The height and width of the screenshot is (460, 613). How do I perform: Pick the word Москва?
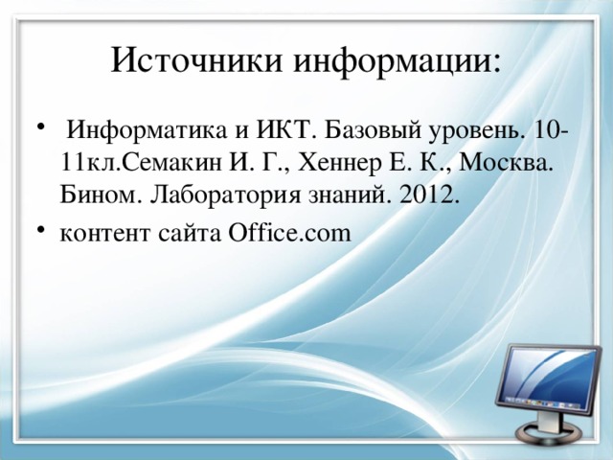[x=506, y=164]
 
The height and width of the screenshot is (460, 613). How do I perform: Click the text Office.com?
[x=289, y=232]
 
